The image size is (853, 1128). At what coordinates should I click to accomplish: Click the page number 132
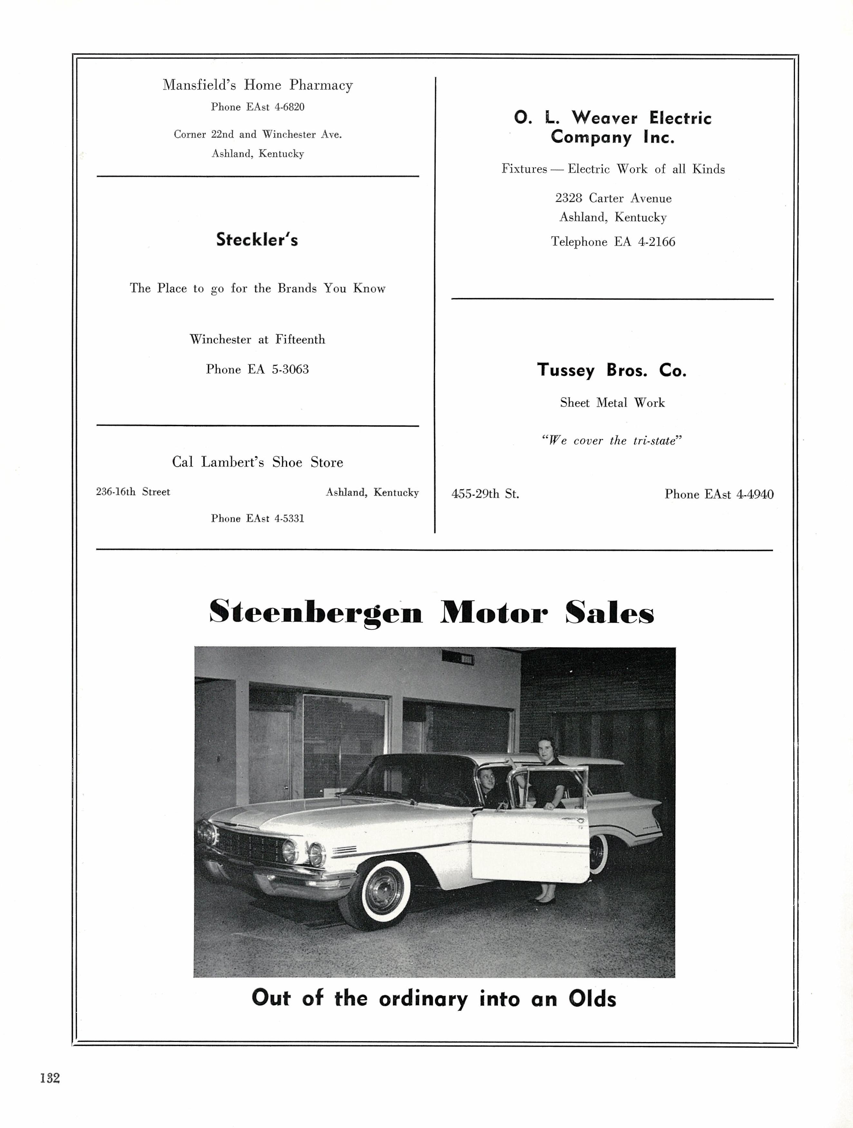[50, 1077]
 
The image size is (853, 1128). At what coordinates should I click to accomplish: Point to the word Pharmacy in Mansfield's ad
[321, 85]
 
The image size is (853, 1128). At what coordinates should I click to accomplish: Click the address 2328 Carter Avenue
[613, 198]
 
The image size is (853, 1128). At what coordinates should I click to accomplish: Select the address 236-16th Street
[133, 492]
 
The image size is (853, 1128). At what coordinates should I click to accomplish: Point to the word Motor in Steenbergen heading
[494, 612]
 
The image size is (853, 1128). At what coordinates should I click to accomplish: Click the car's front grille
[250, 844]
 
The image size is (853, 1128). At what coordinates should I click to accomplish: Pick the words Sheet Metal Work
[612, 403]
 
